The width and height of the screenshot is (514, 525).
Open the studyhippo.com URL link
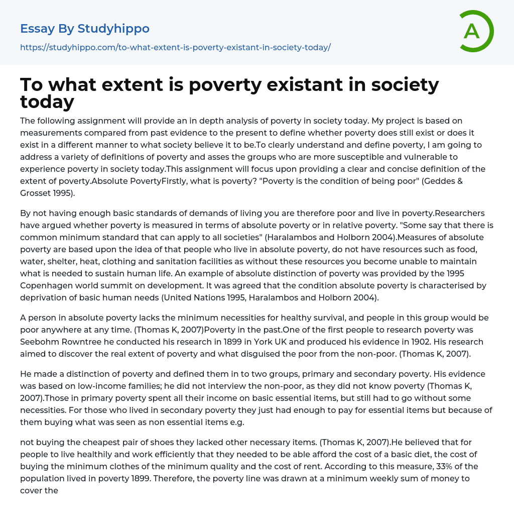(175, 48)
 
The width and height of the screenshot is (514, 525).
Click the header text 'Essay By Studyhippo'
(85, 29)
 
